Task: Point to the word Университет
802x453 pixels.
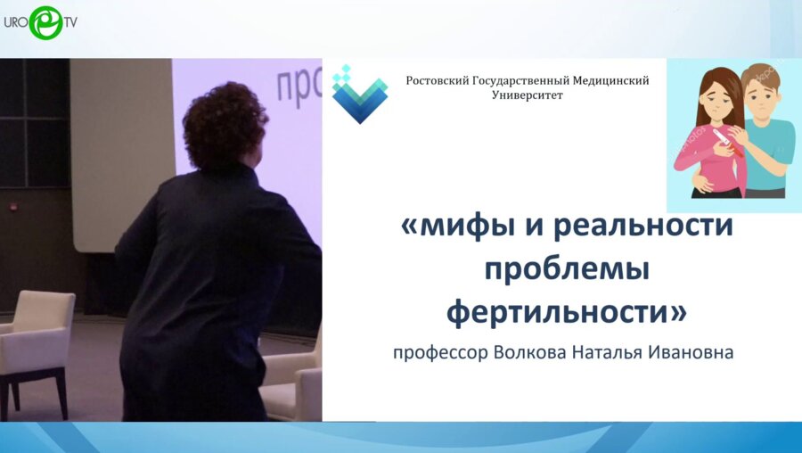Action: point(527,95)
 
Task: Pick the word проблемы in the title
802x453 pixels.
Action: point(566,269)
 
